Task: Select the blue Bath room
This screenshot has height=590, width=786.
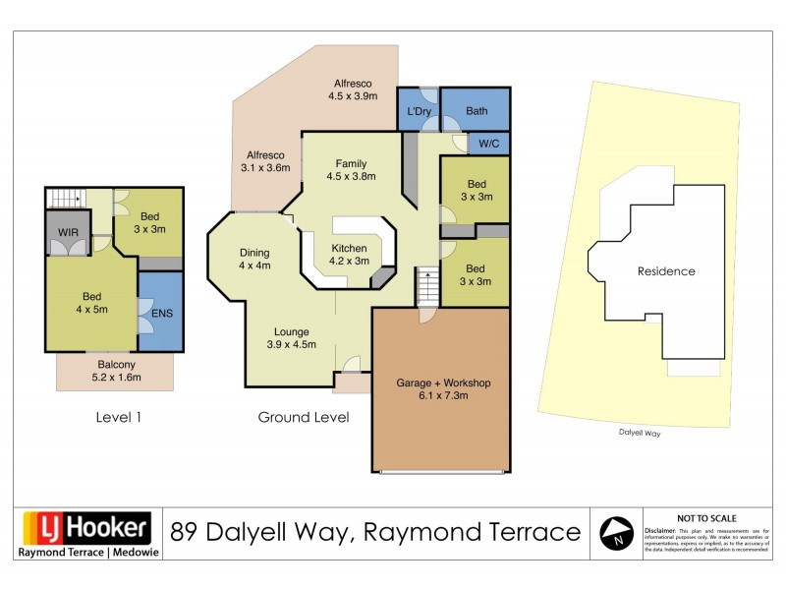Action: tap(476, 110)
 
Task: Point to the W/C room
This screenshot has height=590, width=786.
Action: tap(487, 144)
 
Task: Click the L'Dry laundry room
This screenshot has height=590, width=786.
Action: tap(419, 110)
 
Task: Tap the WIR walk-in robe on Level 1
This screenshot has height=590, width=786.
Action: tap(69, 232)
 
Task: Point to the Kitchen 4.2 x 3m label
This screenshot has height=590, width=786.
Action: tap(349, 254)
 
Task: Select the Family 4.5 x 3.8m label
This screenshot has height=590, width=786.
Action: tap(351, 170)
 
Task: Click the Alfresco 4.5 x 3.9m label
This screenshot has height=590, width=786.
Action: tap(354, 89)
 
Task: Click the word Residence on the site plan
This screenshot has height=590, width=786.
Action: tap(665, 271)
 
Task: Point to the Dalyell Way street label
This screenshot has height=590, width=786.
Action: tap(639, 431)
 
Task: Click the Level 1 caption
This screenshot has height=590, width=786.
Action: tap(119, 417)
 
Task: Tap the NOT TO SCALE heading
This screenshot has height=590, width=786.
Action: tap(707, 517)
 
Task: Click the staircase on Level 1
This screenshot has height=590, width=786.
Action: tap(66, 198)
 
